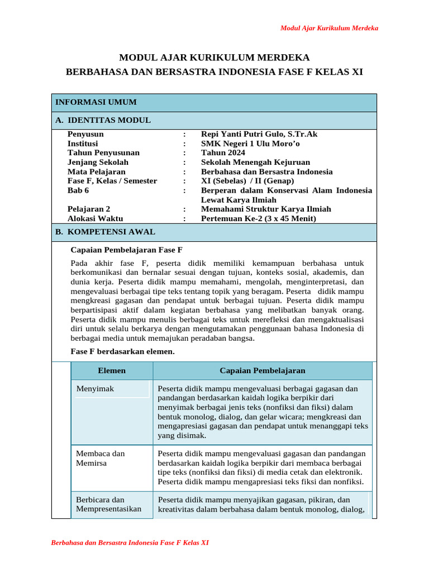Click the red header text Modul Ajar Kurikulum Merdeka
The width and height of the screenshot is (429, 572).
pyautogui.click(x=329, y=28)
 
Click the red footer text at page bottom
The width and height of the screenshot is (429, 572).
pyautogui.click(x=130, y=542)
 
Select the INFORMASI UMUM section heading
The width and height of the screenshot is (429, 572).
pyautogui.click(x=96, y=102)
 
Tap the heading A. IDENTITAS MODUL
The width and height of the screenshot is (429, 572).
pyautogui.click(x=103, y=120)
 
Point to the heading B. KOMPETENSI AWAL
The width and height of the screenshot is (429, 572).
pyautogui.click(x=105, y=232)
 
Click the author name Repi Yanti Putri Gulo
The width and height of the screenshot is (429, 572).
pyautogui.click(x=259, y=134)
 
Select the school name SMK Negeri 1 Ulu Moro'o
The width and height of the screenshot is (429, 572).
pyautogui.click(x=250, y=144)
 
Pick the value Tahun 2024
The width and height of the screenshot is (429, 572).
pyautogui.click(x=223, y=152)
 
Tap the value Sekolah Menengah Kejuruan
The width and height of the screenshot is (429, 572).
pyautogui.click(x=255, y=162)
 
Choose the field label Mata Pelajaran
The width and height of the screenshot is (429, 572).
pyautogui.click(x=97, y=171)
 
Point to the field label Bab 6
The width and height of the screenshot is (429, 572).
pyautogui.click(x=78, y=190)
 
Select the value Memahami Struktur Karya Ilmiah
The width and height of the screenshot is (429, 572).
pyautogui.click(x=266, y=209)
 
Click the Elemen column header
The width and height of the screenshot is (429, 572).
pyautogui.click(x=112, y=370)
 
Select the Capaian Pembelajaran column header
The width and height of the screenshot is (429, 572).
pyautogui.click(x=263, y=370)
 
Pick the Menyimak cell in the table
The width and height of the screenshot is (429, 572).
pyautogui.click(x=95, y=389)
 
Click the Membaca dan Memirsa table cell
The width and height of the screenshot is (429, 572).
pyautogui.click(x=101, y=459)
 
